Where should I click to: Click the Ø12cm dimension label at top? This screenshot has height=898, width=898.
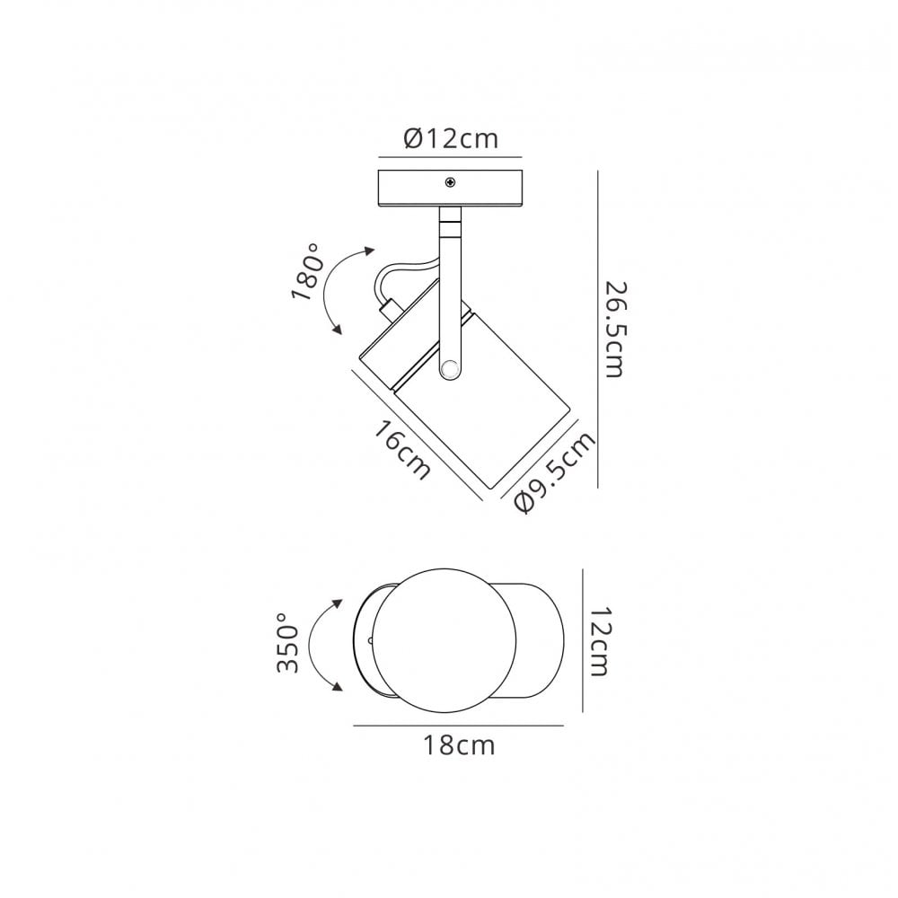[451, 138]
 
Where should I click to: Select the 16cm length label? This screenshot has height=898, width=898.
[401, 450]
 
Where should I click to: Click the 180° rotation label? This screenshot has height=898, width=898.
[306, 271]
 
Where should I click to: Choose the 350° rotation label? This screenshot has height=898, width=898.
[288, 643]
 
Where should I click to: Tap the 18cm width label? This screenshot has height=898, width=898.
[459, 745]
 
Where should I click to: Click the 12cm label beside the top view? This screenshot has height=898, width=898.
[599, 641]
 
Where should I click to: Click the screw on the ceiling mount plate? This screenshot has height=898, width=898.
[451, 182]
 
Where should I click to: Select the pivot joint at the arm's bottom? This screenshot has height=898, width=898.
[450, 367]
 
